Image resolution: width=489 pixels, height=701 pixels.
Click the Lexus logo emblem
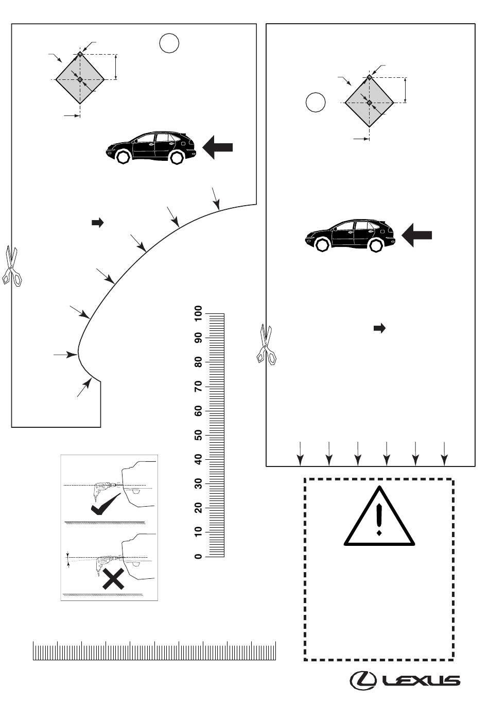click(x=363, y=680)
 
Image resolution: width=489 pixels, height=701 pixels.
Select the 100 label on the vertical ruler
click(x=198, y=313)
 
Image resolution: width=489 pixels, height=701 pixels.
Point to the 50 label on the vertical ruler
click(x=198, y=435)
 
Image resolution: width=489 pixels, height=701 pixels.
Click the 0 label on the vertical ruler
click(x=198, y=557)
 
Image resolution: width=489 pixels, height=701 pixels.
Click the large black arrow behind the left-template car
click(x=218, y=147)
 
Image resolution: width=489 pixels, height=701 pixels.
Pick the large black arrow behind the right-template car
click(x=416, y=235)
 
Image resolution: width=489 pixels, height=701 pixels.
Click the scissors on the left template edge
click(x=12, y=266)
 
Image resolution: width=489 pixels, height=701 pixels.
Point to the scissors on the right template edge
click(x=267, y=344)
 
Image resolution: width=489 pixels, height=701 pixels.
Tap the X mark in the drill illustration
click(x=113, y=579)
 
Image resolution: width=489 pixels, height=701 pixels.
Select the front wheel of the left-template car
click(x=123, y=157)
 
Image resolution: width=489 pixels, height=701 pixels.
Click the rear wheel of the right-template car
click(x=376, y=245)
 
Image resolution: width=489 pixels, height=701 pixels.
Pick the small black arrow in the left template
click(x=97, y=223)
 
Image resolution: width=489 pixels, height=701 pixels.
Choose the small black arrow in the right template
click(x=380, y=328)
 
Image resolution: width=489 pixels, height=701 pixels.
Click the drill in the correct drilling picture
click(x=104, y=490)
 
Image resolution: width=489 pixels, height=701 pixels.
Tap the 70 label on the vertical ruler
click(x=198, y=387)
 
